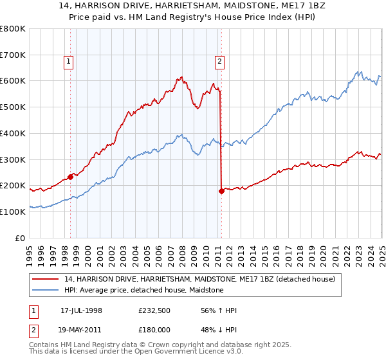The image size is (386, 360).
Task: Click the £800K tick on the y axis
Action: tap(12, 29)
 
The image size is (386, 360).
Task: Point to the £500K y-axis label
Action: tap(12, 107)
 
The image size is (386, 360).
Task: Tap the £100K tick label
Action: tap(12, 212)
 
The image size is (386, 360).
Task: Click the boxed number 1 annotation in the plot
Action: tap(68, 62)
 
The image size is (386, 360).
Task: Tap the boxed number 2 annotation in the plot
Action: tap(219, 62)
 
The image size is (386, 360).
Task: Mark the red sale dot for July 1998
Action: tap(70, 177)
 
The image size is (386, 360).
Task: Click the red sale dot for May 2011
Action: tap(221, 191)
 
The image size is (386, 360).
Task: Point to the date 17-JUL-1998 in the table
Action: tap(81, 310)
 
